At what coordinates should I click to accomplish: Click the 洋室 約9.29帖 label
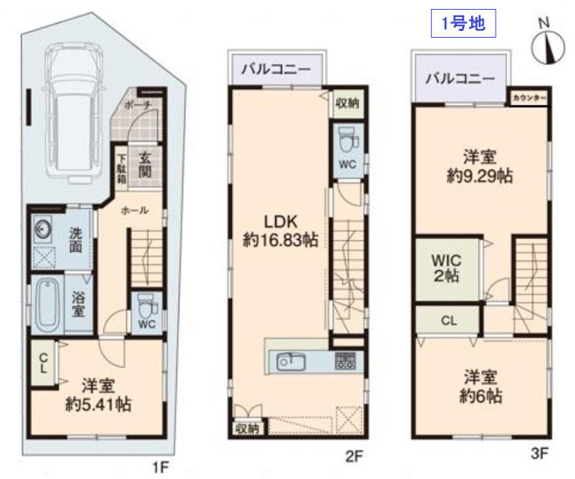point(481,166)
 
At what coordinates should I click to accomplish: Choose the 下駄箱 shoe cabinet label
point(122,168)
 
